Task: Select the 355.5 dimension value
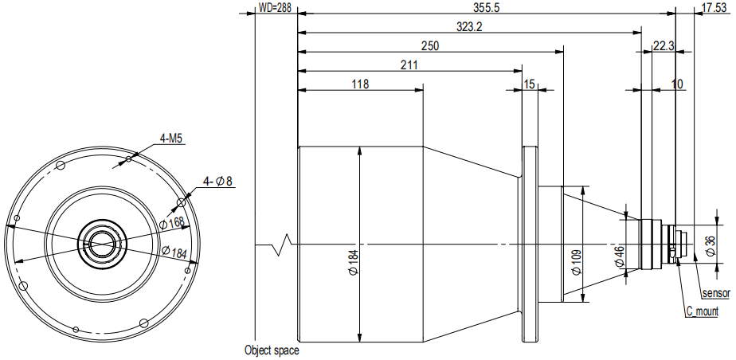pyautogui.click(x=486, y=8)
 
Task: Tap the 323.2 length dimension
pyautogui.click(x=469, y=27)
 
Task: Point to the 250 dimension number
pyautogui.click(x=430, y=46)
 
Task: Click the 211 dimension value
pyautogui.click(x=409, y=65)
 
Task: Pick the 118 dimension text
pyautogui.click(x=360, y=84)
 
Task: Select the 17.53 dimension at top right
pyautogui.click(x=714, y=8)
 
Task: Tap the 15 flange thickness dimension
pyautogui.click(x=529, y=84)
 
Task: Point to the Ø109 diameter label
pyautogui.click(x=577, y=263)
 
